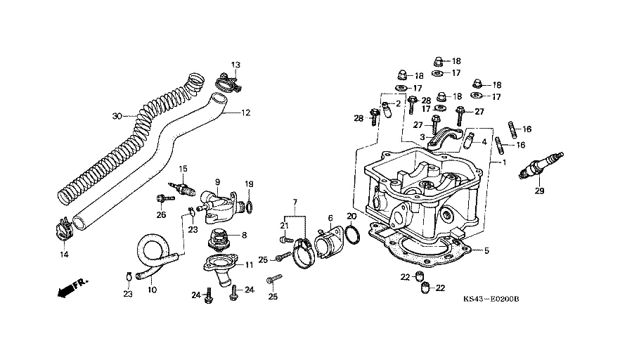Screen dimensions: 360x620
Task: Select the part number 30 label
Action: click(x=117, y=115)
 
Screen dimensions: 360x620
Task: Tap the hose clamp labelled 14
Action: click(x=63, y=226)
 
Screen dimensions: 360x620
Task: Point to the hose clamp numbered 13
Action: click(x=226, y=85)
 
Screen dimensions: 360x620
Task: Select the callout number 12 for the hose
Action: click(x=246, y=112)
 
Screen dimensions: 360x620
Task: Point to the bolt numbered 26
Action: click(x=162, y=198)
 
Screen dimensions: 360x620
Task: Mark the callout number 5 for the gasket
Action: click(x=486, y=249)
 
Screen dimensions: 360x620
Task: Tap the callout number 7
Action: click(x=295, y=202)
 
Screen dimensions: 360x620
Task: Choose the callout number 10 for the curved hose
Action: click(x=153, y=289)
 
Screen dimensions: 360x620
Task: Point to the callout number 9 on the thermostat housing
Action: click(x=218, y=181)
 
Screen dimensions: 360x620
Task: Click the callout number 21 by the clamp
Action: click(x=285, y=225)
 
